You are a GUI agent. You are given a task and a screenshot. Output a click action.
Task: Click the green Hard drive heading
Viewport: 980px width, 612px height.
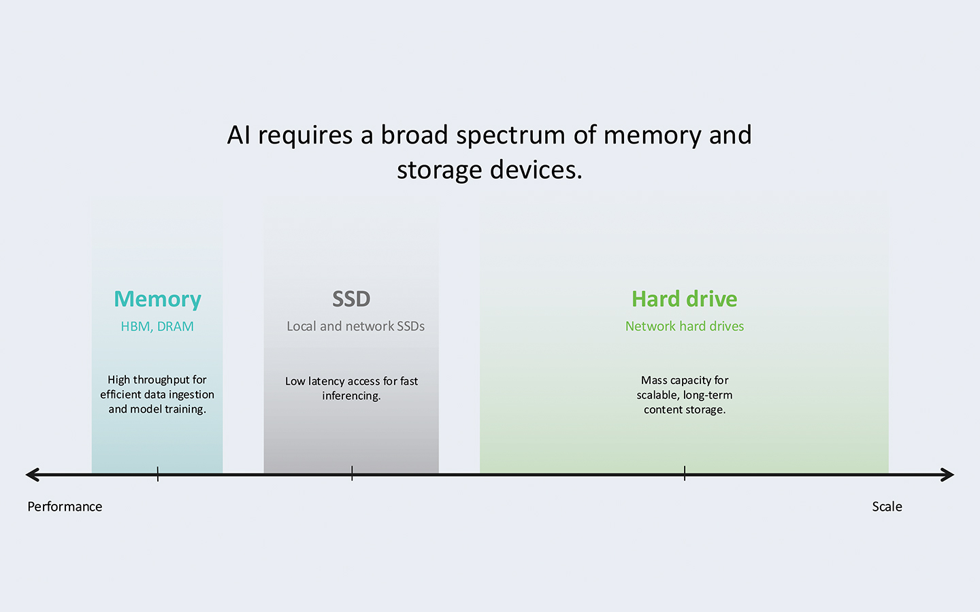pos(684,299)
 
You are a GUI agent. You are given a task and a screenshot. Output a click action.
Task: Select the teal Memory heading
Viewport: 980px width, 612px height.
pos(157,299)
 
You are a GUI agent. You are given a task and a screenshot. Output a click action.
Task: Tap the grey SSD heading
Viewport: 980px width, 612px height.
pos(351,299)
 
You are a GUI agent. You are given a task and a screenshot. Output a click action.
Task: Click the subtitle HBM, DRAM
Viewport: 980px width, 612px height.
pos(157,326)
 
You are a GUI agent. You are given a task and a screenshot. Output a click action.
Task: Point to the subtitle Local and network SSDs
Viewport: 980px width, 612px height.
pos(355,326)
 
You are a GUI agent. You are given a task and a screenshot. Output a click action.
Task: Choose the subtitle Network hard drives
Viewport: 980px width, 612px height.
pos(684,326)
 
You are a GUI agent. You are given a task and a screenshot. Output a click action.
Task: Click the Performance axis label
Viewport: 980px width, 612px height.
pos(65,507)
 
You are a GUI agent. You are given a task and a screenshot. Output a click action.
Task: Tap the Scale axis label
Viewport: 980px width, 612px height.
pos(887,507)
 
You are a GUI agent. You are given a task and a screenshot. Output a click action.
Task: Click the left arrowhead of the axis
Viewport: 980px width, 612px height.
pos(31,475)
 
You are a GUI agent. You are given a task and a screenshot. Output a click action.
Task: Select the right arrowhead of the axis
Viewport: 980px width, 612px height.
pos(948,475)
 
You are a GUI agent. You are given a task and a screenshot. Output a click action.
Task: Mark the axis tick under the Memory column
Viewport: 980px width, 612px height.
pos(158,475)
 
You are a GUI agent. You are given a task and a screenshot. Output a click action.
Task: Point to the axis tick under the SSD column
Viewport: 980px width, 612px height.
pos(352,475)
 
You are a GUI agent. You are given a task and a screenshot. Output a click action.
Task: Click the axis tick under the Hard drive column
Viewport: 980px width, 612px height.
pos(685,475)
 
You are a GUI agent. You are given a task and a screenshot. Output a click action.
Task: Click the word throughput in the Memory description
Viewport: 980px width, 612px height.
pos(161,380)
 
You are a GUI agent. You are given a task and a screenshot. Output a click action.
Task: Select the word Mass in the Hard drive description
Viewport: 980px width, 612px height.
pos(654,380)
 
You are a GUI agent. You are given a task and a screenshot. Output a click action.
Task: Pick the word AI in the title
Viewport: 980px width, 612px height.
pos(239,135)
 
